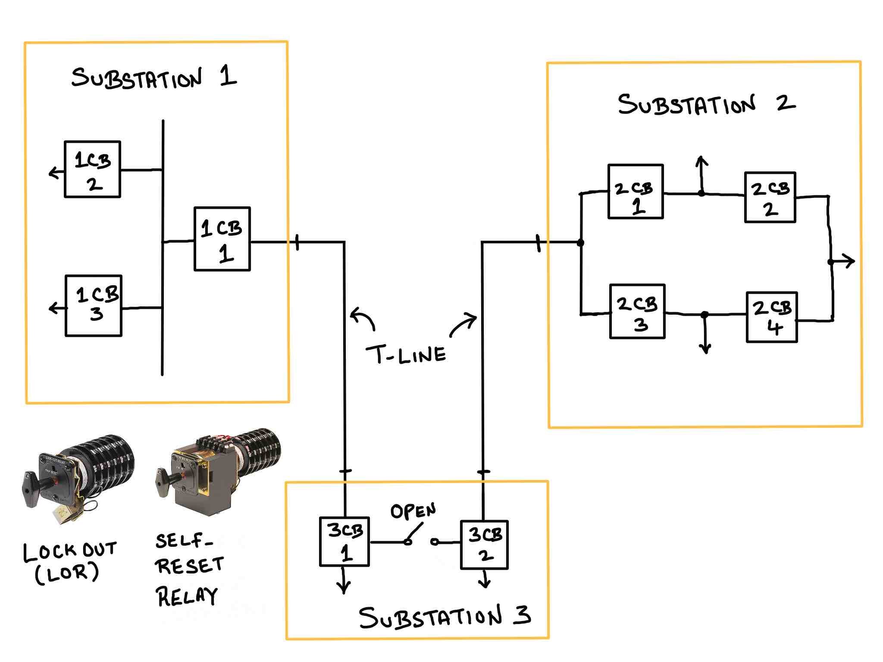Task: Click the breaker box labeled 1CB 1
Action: [x=222, y=239]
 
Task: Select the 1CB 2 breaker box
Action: [x=92, y=169]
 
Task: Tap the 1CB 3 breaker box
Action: [x=94, y=306]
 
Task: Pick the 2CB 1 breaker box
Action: [x=635, y=191]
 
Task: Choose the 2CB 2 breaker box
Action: [x=770, y=198]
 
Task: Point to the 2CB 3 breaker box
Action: [x=637, y=311]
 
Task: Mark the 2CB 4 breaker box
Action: [x=772, y=317]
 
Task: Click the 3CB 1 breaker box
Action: [x=344, y=542]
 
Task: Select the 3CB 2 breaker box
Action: [x=484, y=545]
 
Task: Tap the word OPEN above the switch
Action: [x=413, y=511]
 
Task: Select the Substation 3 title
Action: [x=444, y=617]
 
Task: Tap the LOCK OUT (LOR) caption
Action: [x=69, y=562]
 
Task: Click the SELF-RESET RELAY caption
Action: [x=188, y=569]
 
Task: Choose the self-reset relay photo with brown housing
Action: [x=218, y=470]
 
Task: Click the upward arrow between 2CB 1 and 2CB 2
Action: [x=701, y=173]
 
